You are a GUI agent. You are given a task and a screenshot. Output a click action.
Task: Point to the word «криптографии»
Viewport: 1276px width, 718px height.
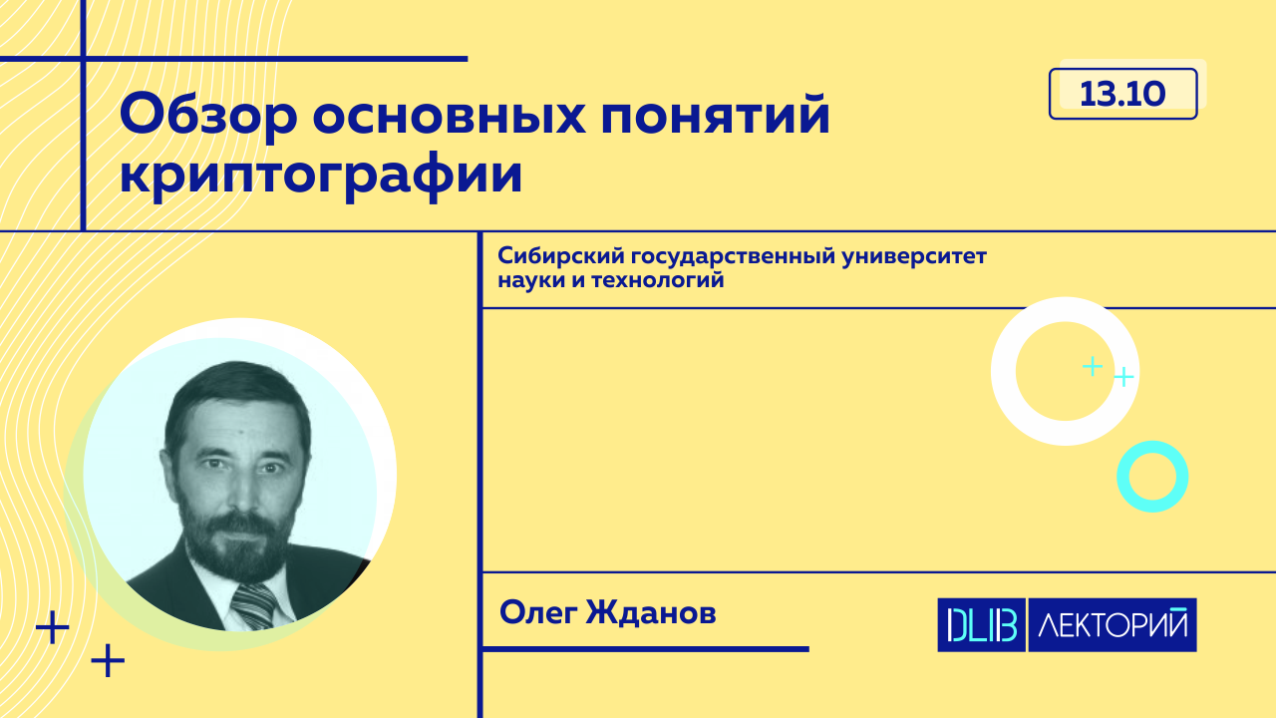point(321,174)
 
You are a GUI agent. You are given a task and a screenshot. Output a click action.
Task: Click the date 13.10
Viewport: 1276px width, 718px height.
point(1122,94)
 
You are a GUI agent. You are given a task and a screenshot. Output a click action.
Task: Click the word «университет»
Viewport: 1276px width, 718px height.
point(914,256)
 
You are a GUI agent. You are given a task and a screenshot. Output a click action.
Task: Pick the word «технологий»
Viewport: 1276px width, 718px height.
point(658,280)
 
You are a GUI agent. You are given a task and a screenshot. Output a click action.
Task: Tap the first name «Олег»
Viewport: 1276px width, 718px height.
point(538,613)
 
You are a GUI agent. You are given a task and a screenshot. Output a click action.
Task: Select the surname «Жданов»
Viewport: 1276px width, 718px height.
point(651,613)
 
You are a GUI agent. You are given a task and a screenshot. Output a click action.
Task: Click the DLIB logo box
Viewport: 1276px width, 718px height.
point(982,625)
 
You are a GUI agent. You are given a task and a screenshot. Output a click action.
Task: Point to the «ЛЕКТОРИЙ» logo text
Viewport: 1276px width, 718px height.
point(1113,624)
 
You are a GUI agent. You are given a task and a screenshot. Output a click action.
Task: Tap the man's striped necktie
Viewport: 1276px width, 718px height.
point(254,606)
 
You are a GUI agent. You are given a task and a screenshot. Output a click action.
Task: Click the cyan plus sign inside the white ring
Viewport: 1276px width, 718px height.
point(1092,366)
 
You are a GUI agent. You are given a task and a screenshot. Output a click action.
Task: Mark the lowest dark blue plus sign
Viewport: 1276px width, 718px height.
point(108,660)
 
